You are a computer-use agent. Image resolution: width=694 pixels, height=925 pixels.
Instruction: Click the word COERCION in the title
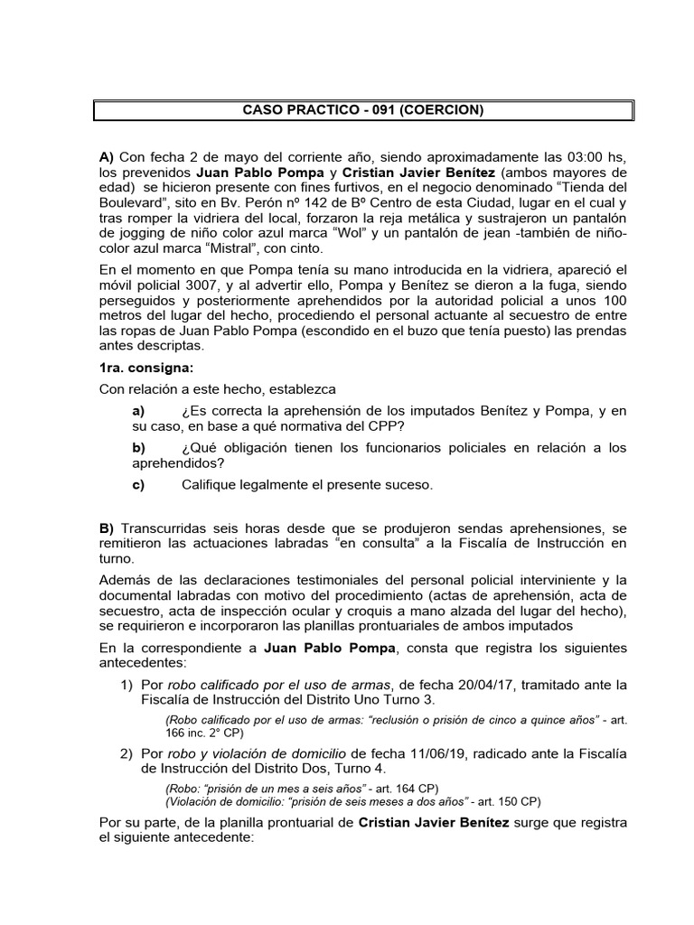tap(442, 111)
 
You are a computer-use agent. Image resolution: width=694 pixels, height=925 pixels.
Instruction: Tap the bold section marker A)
tap(107, 155)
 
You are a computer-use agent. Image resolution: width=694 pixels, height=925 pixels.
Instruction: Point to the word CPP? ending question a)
tap(387, 426)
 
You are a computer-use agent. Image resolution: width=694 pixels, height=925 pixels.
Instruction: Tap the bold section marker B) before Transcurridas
tap(107, 527)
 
